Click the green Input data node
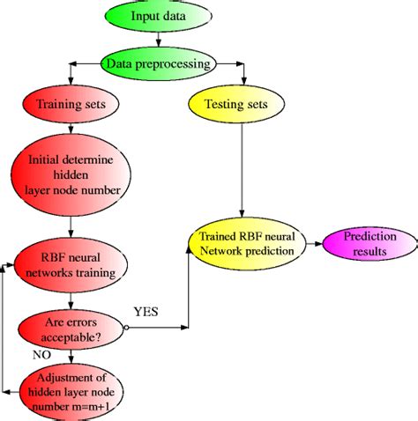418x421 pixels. tap(158, 17)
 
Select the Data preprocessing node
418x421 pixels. tap(158, 63)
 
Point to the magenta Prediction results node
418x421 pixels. tap(369, 244)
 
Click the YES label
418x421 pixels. tap(146, 311)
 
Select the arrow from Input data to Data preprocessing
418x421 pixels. tap(158, 40)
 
